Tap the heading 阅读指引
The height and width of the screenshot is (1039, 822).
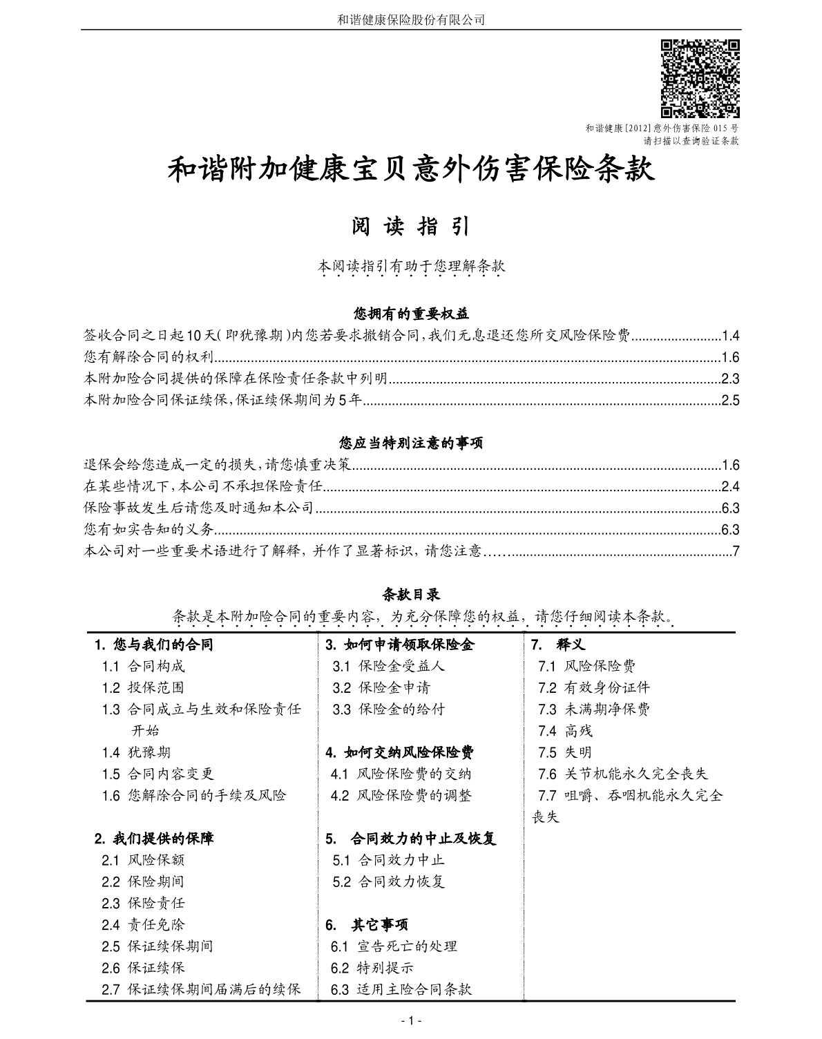pos(411,226)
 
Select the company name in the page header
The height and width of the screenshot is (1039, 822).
pos(411,19)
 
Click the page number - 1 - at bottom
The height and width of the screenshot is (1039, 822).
pos(411,1020)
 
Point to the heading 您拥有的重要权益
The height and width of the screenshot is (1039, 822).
pos(411,314)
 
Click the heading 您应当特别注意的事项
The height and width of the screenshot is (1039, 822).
pos(411,444)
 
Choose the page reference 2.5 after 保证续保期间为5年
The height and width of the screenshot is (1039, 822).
pos(730,400)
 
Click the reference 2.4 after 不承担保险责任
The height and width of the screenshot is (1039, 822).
pos(730,486)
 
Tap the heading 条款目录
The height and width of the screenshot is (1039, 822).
pos(411,594)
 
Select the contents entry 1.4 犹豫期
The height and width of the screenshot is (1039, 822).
pos(136,752)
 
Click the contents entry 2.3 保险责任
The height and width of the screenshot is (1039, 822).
pos(143,903)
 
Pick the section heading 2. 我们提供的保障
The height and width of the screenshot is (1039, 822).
pos(154,839)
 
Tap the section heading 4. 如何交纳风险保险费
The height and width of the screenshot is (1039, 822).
pos(400,752)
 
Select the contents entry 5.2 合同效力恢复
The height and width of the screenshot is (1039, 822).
pos(388,881)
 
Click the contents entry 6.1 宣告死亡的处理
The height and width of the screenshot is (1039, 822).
pos(394,946)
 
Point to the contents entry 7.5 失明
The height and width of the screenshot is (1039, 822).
pos(565,752)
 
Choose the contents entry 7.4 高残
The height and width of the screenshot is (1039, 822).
pos(565,731)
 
